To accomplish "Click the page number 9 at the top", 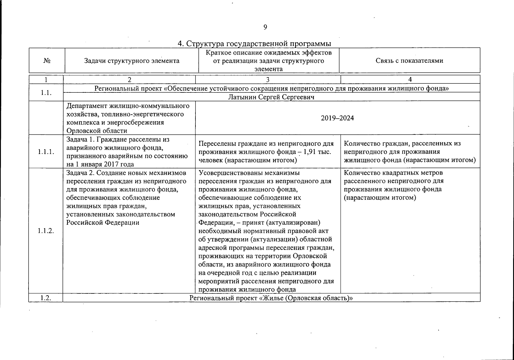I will click(x=265, y=27).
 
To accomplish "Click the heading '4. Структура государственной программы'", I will click(x=254, y=44).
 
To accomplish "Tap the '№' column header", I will click(x=47, y=61).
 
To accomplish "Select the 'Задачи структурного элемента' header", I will click(x=132, y=61).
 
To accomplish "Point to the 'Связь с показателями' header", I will click(x=409, y=61).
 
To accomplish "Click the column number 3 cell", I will click(x=268, y=79).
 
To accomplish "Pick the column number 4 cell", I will click(x=410, y=79).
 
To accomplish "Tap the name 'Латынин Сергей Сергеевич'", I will click(x=271, y=97).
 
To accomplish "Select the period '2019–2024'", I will click(x=337, y=118).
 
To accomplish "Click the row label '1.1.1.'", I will click(x=46, y=151).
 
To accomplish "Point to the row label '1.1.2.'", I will click(x=46, y=231).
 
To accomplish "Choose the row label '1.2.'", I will click(x=46, y=298).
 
